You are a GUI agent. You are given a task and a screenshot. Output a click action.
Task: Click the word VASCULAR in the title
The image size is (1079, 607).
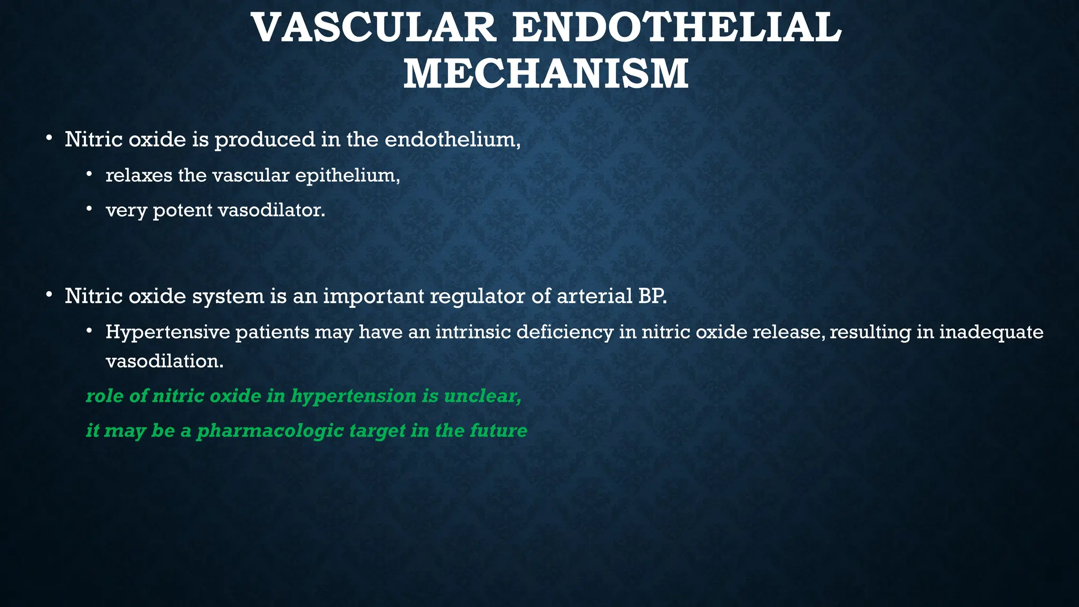[374, 28]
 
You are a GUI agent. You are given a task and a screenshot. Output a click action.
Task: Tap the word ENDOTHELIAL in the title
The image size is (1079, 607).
[676, 28]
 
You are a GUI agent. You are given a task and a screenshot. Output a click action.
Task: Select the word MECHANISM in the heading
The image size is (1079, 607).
[546, 74]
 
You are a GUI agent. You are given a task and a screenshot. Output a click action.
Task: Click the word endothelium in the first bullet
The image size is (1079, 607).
[452, 140]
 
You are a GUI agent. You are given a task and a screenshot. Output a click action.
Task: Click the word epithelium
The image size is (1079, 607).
[347, 175]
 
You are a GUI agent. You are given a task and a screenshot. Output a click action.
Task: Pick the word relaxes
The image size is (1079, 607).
[139, 175]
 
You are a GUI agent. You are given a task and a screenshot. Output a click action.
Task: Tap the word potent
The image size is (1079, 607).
[182, 211]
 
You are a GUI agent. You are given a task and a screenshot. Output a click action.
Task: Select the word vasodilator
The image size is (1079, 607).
[271, 211]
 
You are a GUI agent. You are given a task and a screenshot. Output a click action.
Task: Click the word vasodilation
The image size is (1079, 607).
[164, 361]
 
